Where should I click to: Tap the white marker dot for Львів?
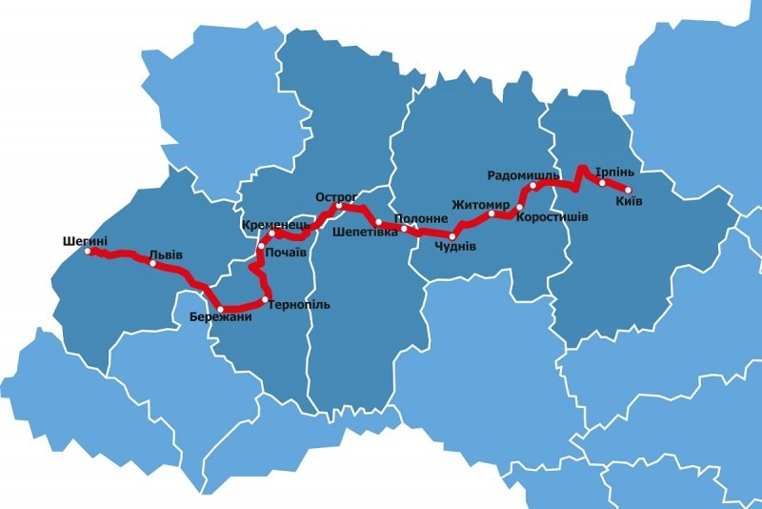152,263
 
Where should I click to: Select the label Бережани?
220,316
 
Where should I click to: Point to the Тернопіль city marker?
266,299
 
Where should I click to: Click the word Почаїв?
286,253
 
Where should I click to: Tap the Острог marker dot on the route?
338,206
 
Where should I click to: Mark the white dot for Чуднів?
453,234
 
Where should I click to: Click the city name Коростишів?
551,217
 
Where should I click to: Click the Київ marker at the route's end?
628,190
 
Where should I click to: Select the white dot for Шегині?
88,252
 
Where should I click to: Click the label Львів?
166,255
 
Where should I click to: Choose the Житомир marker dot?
491,214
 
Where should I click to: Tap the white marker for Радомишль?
533,186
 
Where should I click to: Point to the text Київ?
629,202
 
